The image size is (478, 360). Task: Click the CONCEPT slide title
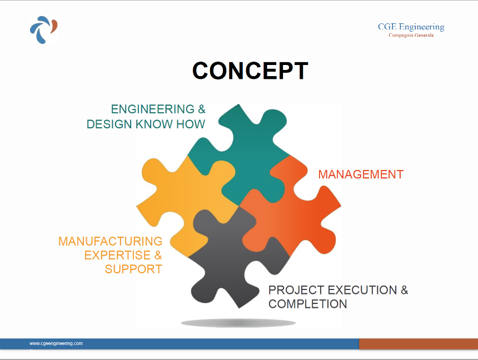(x=250, y=71)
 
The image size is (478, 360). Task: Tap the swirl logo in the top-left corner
(x=43, y=29)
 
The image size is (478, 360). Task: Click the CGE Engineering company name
(x=411, y=27)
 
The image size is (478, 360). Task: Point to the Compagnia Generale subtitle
(x=411, y=36)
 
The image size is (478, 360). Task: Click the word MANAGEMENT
(x=361, y=174)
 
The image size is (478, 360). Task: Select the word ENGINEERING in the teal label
(x=153, y=109)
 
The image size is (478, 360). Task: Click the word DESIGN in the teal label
(x=109, y=124)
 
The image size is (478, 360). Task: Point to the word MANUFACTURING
(x=111, y=241)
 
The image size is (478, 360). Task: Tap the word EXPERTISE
(x=118, y=255)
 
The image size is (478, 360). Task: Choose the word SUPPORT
(x=133, y=269)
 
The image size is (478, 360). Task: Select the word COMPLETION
(x=307, y=304)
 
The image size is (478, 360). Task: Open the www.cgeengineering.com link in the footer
(x=56, y=343)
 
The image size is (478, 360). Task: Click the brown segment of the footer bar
(x=418, y=344)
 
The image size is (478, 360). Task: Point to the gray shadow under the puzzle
(x=238, y=323)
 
